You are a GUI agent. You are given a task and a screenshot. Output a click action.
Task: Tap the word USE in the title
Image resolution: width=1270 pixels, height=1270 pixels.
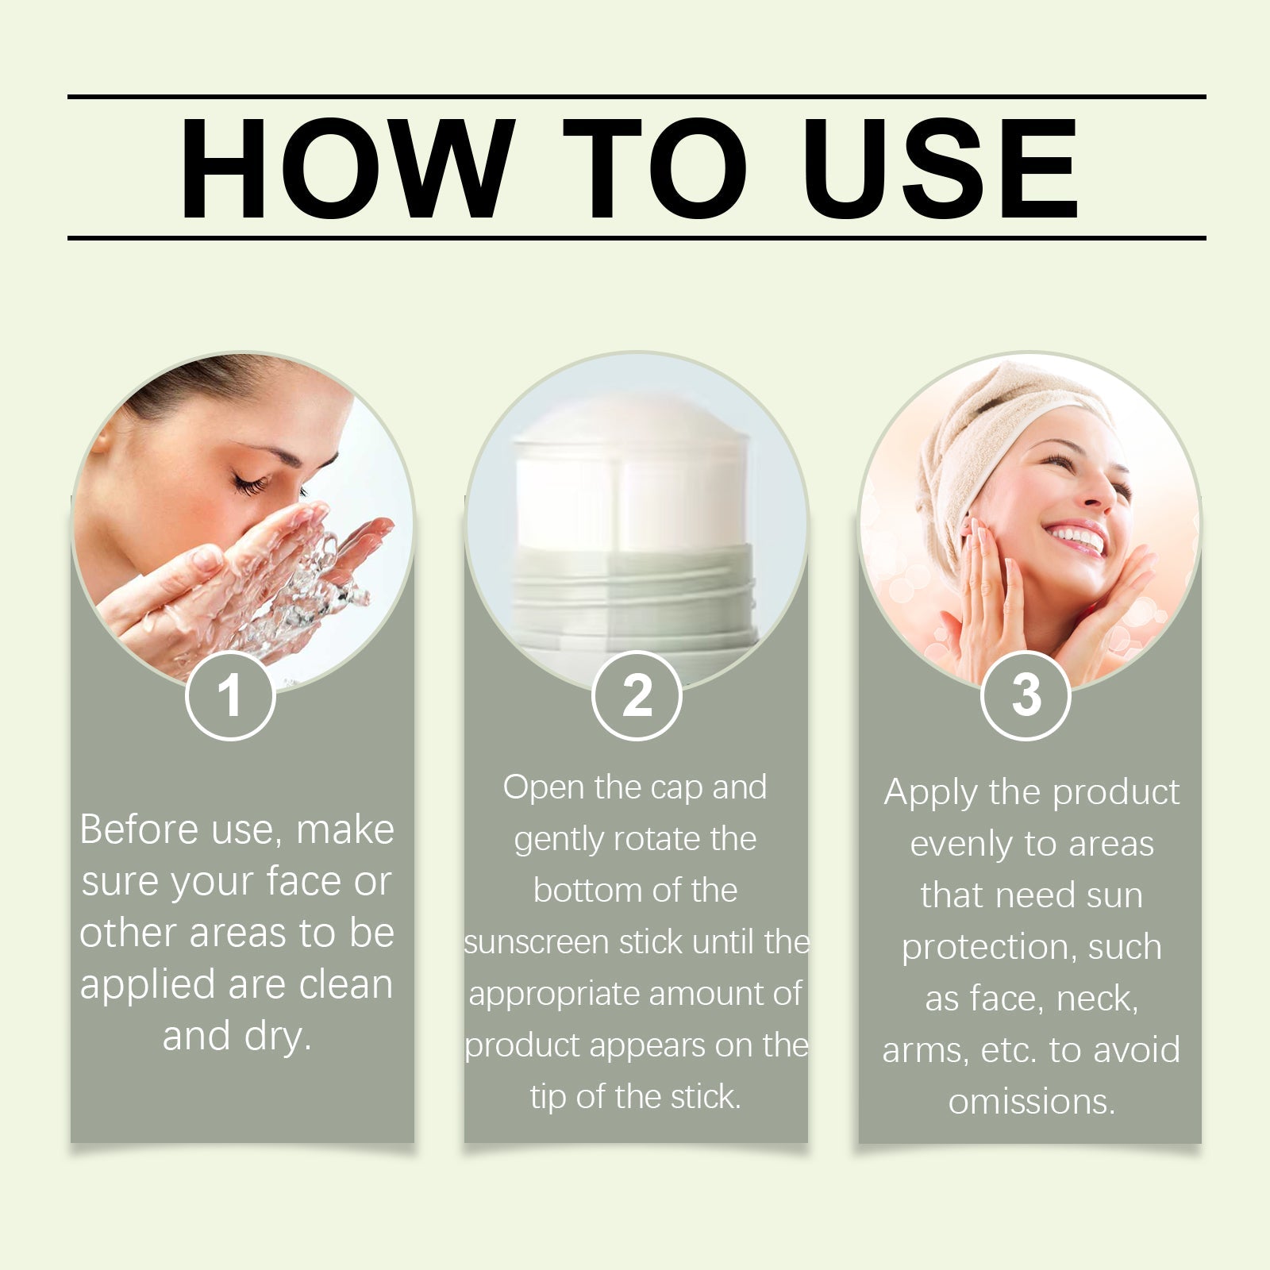coord(941,168)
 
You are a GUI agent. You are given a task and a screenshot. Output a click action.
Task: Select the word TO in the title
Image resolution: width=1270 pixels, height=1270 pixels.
coord(656,168)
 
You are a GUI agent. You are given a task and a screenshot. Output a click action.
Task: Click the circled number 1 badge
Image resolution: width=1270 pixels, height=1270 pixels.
coord(230,695)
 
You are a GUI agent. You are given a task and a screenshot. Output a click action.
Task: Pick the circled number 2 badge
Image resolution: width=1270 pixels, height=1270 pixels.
coord(637,695)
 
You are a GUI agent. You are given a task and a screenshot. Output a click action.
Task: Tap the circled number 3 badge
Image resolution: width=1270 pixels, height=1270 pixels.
coord(1026,695)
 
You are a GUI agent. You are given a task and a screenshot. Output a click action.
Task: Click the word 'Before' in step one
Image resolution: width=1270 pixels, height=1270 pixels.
coord(139,829)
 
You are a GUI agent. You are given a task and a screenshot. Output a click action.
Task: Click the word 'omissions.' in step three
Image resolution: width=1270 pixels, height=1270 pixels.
coord(1032,1102)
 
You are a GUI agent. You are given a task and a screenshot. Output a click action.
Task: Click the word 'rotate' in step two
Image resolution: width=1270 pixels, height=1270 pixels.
coord(655,840)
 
